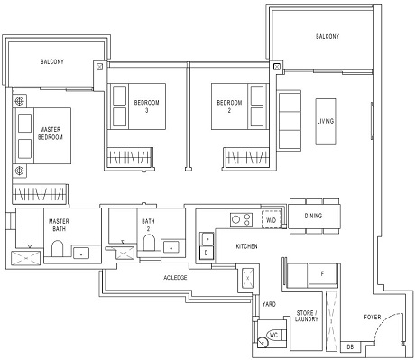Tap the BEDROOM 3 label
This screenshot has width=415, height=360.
(x=146, y=106)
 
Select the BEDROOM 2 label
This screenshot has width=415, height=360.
(x=230, y=106)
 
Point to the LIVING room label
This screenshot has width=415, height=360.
(x=326, y=120)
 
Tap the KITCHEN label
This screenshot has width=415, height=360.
(x=249, y=245)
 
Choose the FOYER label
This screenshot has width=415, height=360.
(x=373, y=318)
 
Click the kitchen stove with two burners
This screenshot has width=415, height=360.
(x=241, y=218)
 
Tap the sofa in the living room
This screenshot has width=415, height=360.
(x=290, y=115)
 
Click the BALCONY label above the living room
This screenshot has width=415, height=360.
(x=327, y=37)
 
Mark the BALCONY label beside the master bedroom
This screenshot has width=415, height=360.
(x=52, y=62)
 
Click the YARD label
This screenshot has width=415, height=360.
(x=269, y=305)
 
